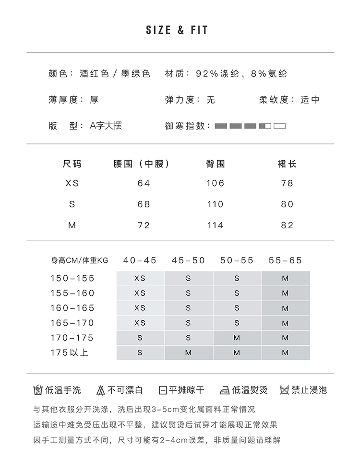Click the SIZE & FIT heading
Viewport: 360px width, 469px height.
pyautogui.click(x=177, y=30)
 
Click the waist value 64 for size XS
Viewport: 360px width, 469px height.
pyautogui.click(x=144, y=183)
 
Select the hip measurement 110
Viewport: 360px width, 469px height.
pyautogui.click(x=215, y=204)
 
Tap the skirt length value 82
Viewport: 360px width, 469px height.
pyautogui.click(x=287, y=225)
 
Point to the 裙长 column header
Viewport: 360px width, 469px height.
pyautogui.click(x=287, y=164)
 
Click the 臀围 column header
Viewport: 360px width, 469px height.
pyautogui.click(x=215, y=164)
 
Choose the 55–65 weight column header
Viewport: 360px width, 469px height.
pyautogui.click(x=286, y=260)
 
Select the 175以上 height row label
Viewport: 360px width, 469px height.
pyautogui.click(x=70, y=352)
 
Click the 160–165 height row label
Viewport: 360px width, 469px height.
pyautogui.click(x=72, y=308)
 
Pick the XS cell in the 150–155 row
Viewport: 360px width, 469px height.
pyautogui.click(x=140, y=279)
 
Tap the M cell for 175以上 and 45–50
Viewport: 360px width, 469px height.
pyautogui.click(x=188, y=352)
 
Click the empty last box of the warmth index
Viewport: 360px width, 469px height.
pyautogui.click(x=280, y=126)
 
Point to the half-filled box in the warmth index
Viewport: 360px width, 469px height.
pyautogui.click(x=265, y=126)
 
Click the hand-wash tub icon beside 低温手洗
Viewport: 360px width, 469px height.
pyautogui.click(x=38, y=390)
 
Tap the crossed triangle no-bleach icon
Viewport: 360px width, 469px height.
pyautogui.click(x=101, y=390)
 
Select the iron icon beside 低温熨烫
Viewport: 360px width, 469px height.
pyautogui.click(x=224, y=390)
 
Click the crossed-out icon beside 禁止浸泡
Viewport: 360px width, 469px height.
pyautogui.click(x=285, y=390)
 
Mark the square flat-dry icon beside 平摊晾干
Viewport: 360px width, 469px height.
pyautogui.click(x=163, y=390)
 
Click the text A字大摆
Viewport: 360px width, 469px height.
pyautogui.click(x=106, y=126)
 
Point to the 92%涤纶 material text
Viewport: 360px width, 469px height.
pyautogui.click(x=215, y=74)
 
